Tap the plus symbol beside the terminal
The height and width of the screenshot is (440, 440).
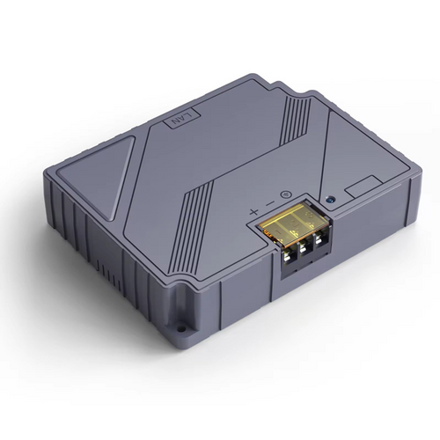254,211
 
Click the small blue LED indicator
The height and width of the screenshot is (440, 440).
330,200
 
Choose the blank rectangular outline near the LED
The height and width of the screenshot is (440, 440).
360,187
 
